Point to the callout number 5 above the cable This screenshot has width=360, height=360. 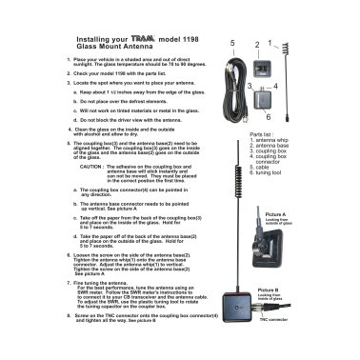coord(230,44)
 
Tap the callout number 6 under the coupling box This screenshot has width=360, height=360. coord(269,116)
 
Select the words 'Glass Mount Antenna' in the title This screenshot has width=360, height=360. coord(115,49)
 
